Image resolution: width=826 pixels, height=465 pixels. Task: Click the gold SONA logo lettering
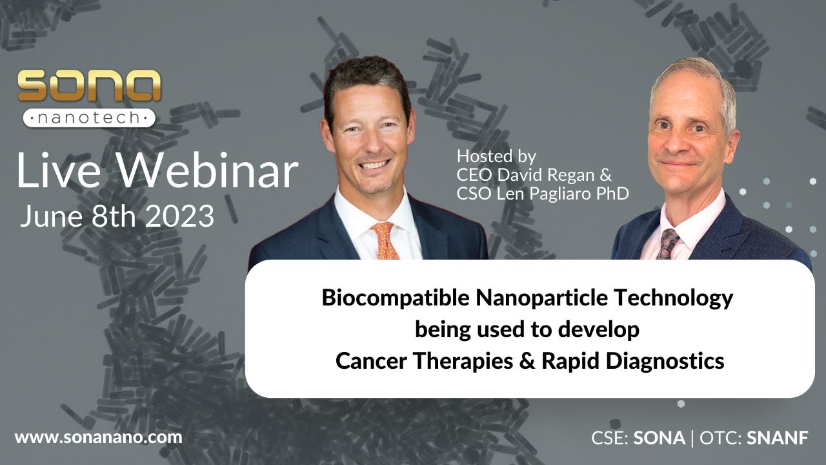89,85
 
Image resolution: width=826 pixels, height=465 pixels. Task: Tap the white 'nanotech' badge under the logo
89,118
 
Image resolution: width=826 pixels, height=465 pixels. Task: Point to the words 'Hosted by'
496,156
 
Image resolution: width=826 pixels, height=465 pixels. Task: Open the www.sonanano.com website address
98,437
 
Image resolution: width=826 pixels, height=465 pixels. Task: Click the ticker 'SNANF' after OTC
778,438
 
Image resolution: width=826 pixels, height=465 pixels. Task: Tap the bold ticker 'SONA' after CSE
659,438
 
